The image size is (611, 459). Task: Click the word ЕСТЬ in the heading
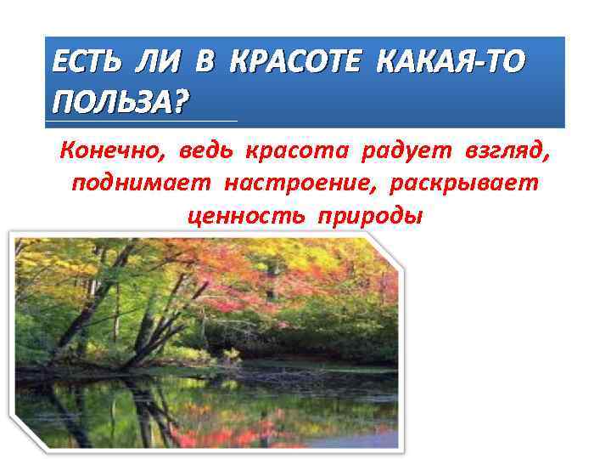85,65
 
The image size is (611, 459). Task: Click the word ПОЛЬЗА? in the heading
121,103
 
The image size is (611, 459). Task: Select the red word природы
369,215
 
